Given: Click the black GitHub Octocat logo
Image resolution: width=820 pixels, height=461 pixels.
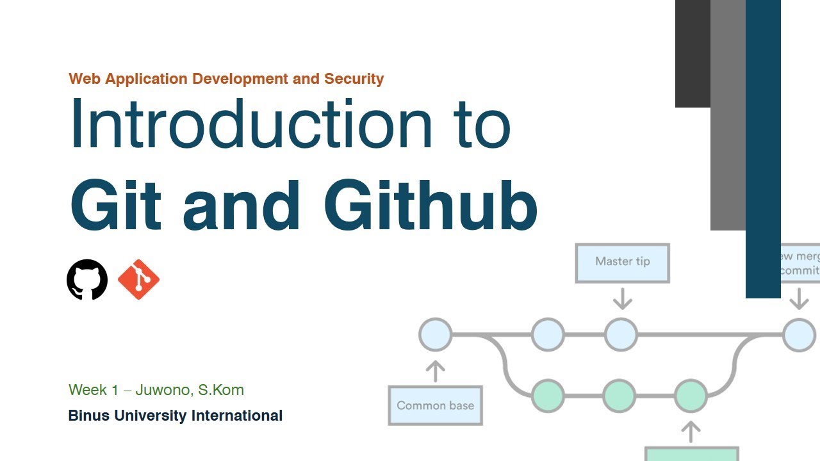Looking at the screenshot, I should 87,279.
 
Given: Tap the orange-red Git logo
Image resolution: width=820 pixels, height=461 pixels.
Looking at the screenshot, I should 138,279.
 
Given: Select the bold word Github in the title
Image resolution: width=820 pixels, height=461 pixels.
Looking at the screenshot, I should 430,206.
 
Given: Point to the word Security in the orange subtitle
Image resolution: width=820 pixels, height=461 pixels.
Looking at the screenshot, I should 354,79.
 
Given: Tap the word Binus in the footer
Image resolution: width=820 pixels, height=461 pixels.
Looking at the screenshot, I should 89,416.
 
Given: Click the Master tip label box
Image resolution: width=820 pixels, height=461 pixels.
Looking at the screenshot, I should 622,263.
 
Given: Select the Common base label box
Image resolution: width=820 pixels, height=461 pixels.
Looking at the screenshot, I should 435,405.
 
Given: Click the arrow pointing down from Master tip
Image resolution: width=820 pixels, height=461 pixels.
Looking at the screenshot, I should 622,298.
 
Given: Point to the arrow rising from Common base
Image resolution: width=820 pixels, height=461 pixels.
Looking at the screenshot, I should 435,370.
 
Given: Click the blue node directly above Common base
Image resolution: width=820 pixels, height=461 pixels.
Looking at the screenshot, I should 435,334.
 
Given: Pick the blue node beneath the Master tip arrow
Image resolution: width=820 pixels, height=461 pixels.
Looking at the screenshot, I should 621,334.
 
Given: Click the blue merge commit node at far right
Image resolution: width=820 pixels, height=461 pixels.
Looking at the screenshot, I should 799,335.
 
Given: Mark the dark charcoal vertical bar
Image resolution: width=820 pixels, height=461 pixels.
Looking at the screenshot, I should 693,54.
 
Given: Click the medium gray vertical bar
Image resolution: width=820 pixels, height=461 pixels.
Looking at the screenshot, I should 728,115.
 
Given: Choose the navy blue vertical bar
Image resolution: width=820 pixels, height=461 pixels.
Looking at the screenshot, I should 763,149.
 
